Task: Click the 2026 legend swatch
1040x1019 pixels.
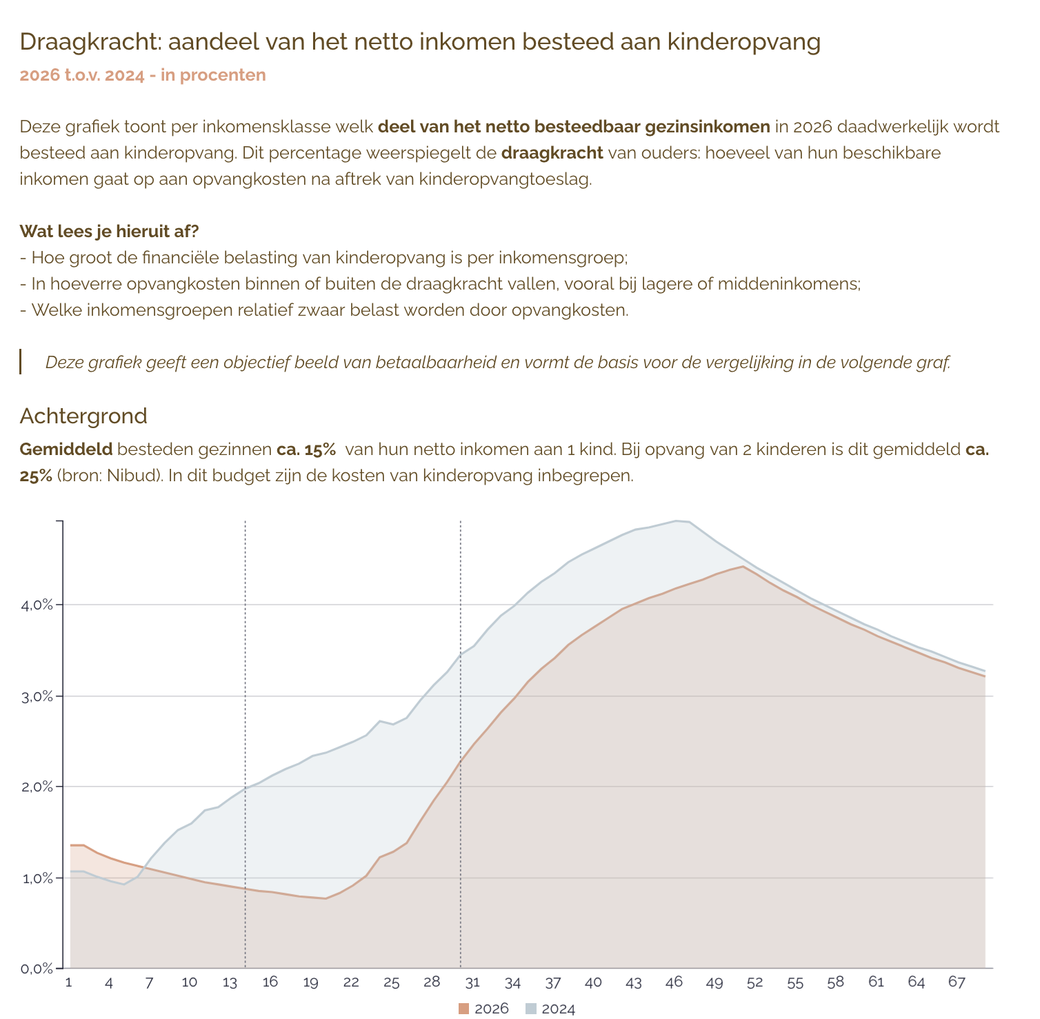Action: click(x=463, y=1009)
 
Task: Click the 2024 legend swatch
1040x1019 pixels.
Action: click(x=530, y=1009)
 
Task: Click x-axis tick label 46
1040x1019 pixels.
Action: click(x=674, y=982)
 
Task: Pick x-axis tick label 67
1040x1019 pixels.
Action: click(x=957, y=982)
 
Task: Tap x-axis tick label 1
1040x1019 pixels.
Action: click(x=68, y=982)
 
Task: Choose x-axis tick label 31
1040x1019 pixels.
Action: click(x=472, y=982)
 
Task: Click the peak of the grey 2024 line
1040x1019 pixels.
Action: click(x=677, y=521)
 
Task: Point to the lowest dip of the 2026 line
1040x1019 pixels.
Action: click(x=326, y=898)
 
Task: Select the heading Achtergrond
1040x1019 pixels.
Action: click(x=83, y=416)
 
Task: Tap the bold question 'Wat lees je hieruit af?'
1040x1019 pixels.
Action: click(x=109, y=231)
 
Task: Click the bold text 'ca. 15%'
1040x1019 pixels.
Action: click(x=306, y=450)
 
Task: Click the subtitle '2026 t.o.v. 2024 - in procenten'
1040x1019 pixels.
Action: click(x=143, y=75)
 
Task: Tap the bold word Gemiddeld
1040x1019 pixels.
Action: click(x=66, y=450)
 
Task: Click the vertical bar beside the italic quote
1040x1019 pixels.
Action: click(x=21, y=362)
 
